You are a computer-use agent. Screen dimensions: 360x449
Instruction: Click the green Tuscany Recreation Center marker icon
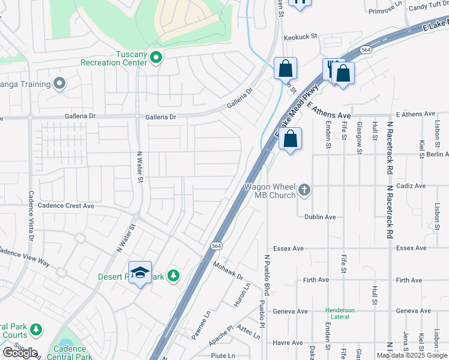pos(156,58)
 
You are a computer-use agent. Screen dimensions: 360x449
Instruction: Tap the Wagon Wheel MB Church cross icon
pos(304,190)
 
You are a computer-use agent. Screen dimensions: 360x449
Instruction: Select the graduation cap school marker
pos(140,272)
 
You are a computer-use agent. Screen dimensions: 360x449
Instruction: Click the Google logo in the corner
pos(20,353)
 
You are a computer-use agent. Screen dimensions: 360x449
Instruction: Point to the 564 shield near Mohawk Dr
pos(215,246)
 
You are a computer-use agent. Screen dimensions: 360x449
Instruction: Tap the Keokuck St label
pos(300,37)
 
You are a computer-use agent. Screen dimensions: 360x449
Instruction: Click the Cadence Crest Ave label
pos(66,205)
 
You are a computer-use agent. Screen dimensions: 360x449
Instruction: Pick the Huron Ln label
pos(242,298)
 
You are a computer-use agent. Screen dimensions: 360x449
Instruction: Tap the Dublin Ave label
pos(320,217)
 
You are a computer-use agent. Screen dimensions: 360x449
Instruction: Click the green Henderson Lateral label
pos(340,313)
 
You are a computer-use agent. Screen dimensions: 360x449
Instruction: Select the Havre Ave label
pos(288,343)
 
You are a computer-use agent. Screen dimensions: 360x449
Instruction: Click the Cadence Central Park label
pos(73,353)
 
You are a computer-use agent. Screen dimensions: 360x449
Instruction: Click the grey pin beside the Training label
pos(59,83)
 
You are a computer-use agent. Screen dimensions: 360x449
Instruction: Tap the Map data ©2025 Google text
pos(411,355)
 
